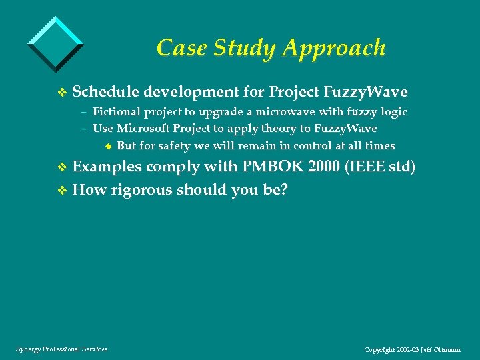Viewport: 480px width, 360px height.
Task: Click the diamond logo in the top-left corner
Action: coord(56,42)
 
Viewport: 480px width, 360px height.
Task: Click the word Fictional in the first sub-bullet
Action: coord(116,112)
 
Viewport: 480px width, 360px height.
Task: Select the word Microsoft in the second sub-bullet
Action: coord(144,129)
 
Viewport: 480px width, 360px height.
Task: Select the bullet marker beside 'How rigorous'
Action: coord(63,191)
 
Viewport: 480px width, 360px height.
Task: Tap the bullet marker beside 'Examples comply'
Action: coord(63,167)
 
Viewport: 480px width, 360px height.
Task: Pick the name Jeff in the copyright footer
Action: coord(427,349)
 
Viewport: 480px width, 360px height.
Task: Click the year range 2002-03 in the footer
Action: coord(407,349)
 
